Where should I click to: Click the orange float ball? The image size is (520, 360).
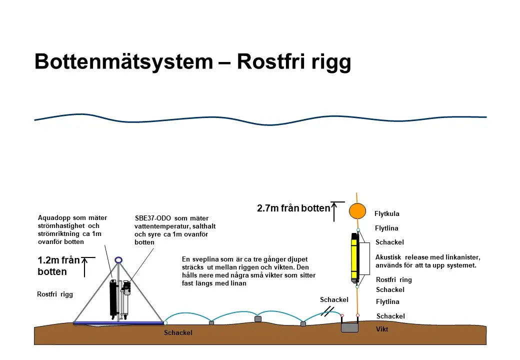pyautogui.click(x=357, y=211)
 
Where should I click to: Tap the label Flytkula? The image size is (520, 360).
pyautogui.click(x=387, y=214)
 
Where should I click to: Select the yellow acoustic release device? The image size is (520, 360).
pyautogui.click(x=354, y=257)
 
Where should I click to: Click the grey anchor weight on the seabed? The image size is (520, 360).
pyautogui.click(x=350, y=327)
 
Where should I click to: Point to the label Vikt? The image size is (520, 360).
pyautogui.click(x=382, y=329)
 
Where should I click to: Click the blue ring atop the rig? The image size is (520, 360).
pyautogui.click(x=119, y=260)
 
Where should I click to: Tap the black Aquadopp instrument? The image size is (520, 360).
pyautogui.click(x=114, y=297)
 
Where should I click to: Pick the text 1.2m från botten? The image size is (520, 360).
pyautogui.click(x=58, y=266)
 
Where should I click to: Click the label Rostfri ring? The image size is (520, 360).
pyautogui.click(x=394, y=280)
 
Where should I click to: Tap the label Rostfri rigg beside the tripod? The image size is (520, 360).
pyautogui.click(x=55, y=294)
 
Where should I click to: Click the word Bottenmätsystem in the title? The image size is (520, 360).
pyautogui.click(x=123, y=62)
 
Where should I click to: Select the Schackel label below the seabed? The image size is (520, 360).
pyautogui.click(x=178, y=332)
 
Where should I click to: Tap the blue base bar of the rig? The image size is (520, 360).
pyautogui.click(x=119, y=323)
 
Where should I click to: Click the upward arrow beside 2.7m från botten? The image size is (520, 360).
pyautogui.click(x=335, y=212)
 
